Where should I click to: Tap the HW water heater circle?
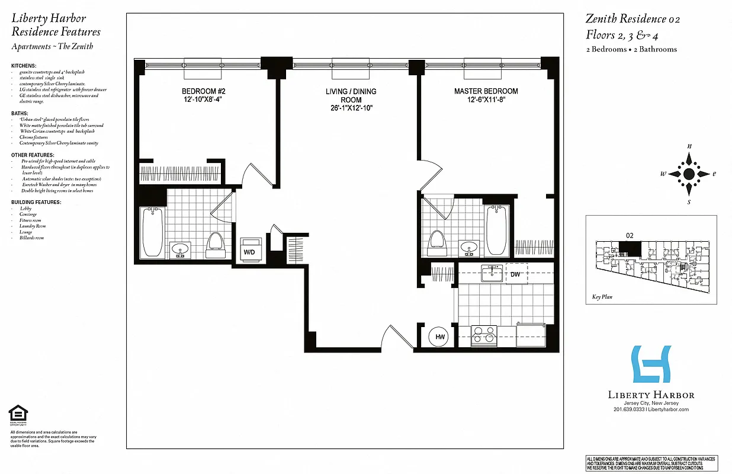coord(440,337)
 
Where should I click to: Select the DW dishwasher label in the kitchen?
coord(516,274)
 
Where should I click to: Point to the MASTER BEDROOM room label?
coord(486,91)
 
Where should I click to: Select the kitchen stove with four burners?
coord(484,335)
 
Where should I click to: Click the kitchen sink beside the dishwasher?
coord(492,274)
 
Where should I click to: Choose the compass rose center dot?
coord(689,174)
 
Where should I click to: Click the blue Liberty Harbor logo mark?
coord(651,364)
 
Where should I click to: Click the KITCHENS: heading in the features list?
coord(24,65)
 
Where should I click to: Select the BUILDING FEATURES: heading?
coord(36,202)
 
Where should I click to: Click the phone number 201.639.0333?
coord(630,409)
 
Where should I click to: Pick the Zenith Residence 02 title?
coord(633,19)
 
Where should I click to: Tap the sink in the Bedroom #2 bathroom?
coord(180,249)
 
